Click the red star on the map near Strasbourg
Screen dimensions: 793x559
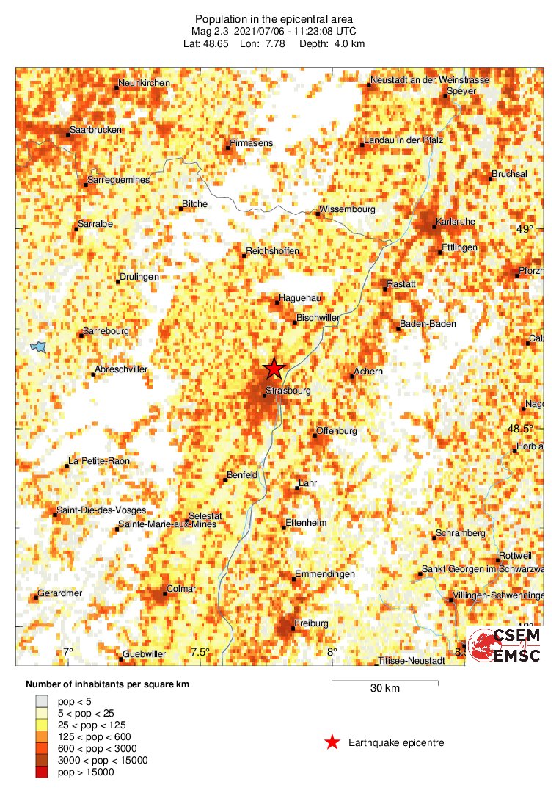(274, 369)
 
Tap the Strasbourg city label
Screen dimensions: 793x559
(288, 391)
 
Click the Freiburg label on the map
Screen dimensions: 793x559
(310, 623)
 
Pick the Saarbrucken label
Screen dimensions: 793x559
(95, 130)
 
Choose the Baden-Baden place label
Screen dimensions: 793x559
(428, 324)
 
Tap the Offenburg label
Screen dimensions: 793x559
(336, 431)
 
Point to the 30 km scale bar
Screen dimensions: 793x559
(385, 683)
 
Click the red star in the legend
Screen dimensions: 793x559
(332, 742)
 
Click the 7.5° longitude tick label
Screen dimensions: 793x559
(200, 652)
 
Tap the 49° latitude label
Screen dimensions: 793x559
(525, 229)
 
